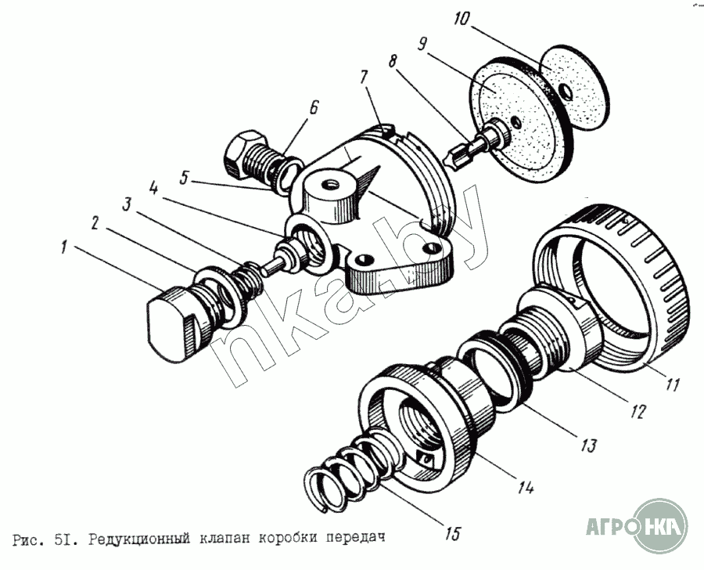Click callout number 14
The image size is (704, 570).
click(x=525, y=486)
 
